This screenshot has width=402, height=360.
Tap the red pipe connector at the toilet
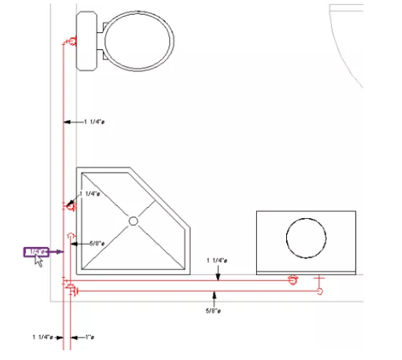(x=71, y=43)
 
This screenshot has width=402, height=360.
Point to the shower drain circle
(x=133, y=221)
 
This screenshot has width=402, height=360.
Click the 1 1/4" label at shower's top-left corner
(x=91, y=193)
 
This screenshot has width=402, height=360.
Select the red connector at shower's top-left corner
(x=70, y=206)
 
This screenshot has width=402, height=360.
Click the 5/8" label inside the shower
(x=97, y=244)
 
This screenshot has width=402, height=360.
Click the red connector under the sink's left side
(x=293, y=280)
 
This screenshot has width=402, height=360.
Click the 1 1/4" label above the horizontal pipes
(x=217, y=261)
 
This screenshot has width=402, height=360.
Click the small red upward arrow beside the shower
(x=70, y=234)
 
